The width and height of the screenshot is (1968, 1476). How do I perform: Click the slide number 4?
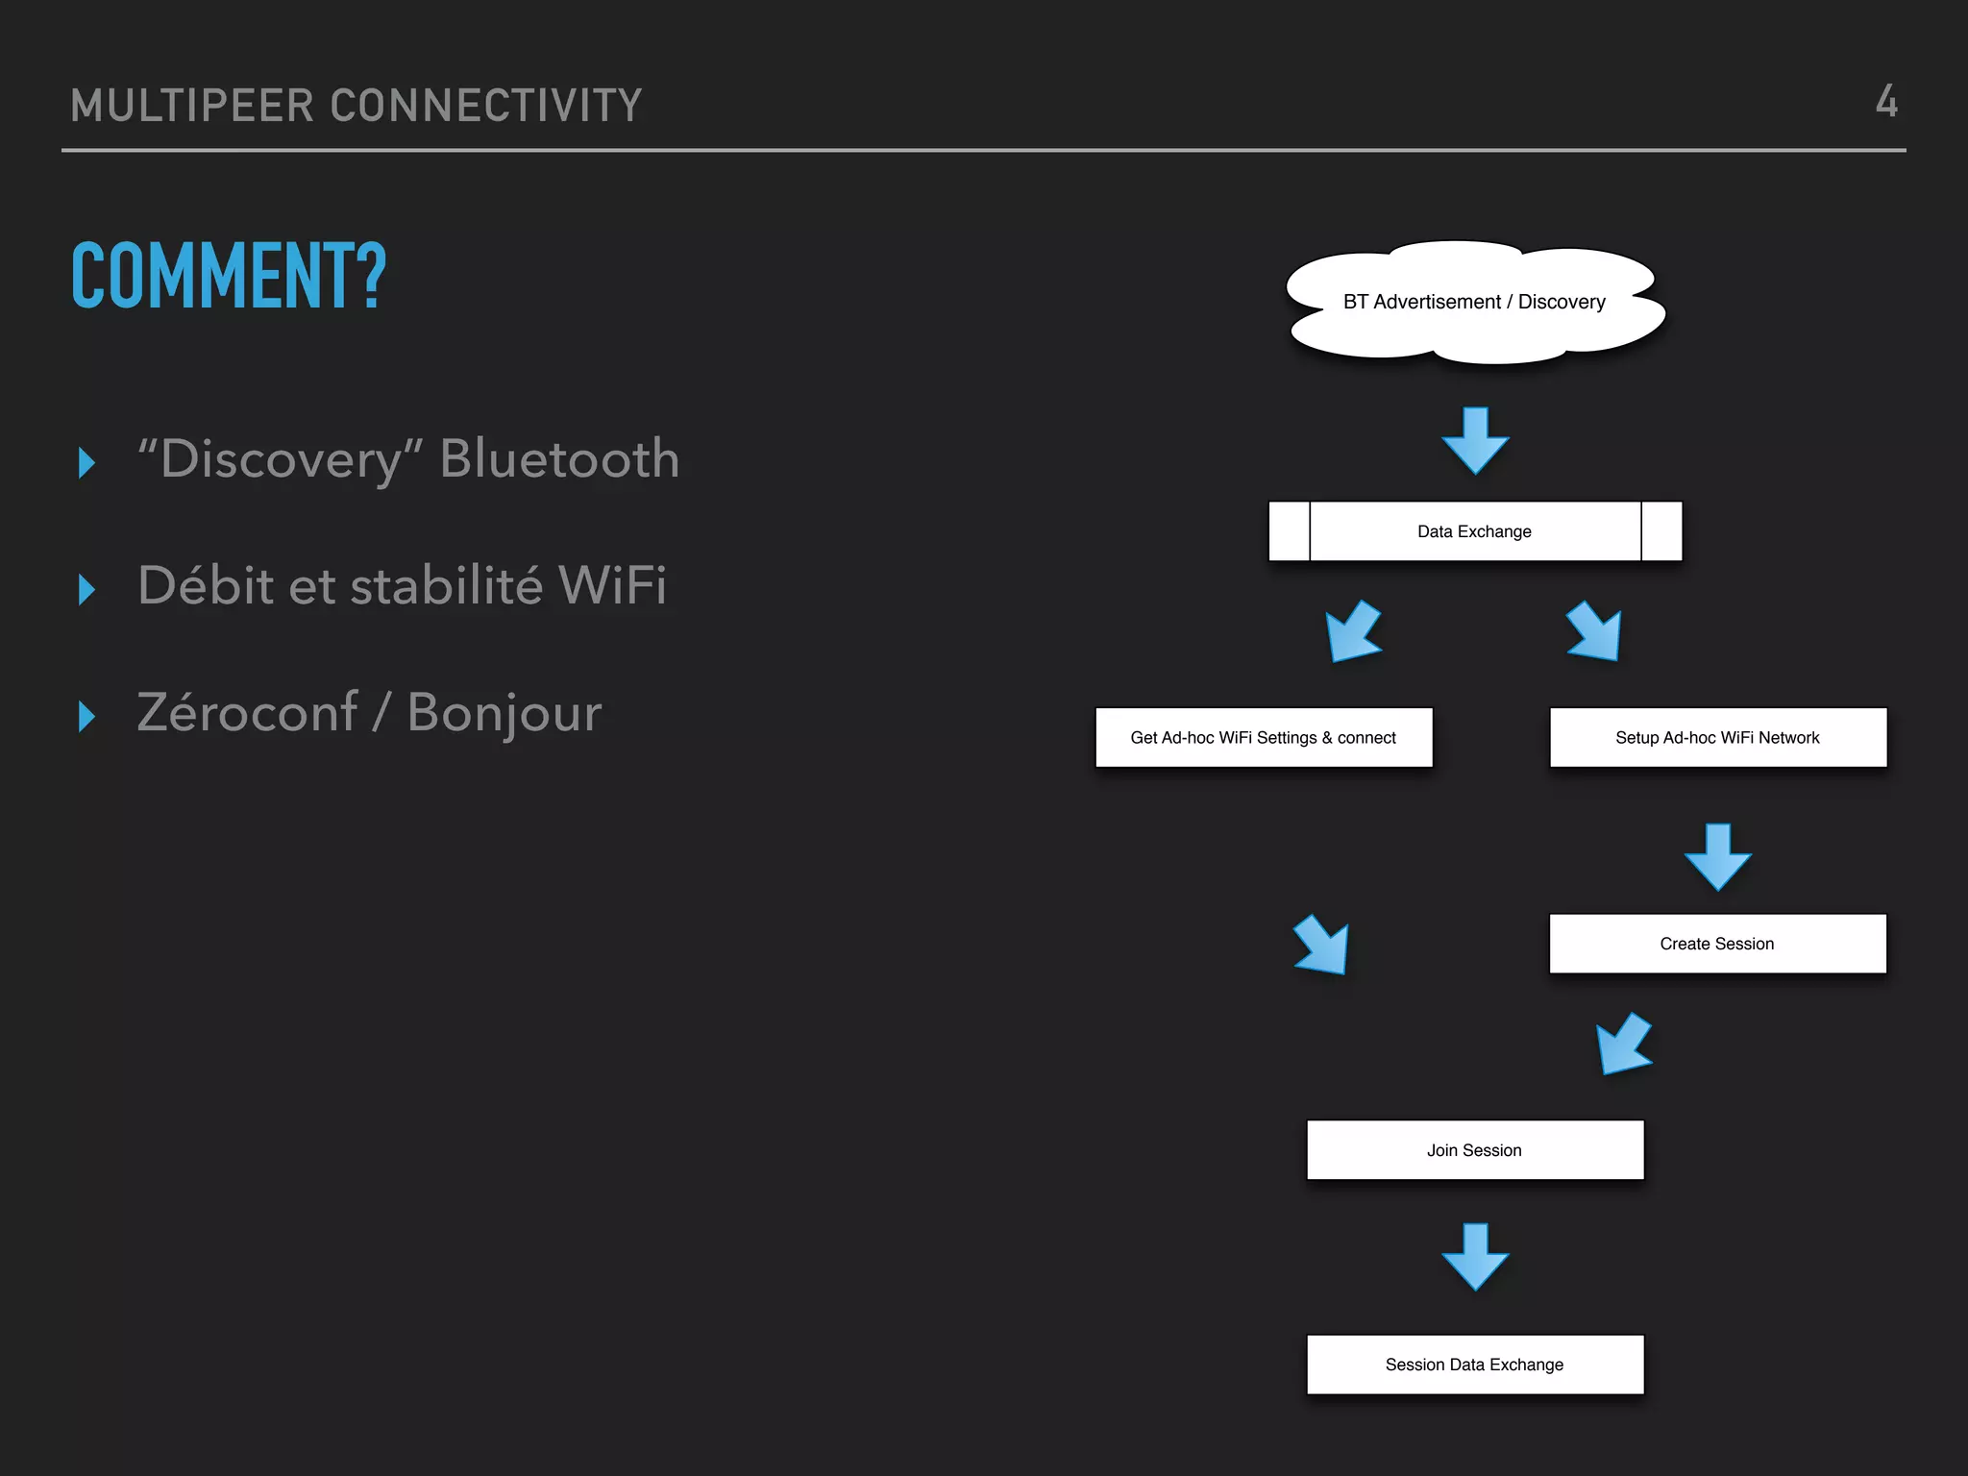coord(1886,101)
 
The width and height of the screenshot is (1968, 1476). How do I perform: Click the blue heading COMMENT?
coord(229,276)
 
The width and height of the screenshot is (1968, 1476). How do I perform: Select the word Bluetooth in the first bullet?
coord(559,458)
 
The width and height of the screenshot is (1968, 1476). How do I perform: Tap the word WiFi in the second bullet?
coord(611,585)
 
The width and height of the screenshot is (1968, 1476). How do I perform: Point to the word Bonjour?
coord(504,713)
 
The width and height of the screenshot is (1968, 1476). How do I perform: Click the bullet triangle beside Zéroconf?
coord(86,716)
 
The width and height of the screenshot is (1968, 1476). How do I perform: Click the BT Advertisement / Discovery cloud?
coord(1474,302)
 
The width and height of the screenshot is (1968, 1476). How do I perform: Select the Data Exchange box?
coord(1474,531)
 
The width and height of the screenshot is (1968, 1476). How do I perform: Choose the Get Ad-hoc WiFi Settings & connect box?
coord(1263,737)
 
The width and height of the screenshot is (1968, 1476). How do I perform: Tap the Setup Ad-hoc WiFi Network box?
coord(1717,737)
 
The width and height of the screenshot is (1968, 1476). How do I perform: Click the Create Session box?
coord(1717,944)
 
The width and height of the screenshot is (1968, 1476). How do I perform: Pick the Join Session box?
coord(1474,1150)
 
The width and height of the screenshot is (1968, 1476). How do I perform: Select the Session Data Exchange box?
coord(1474,1365)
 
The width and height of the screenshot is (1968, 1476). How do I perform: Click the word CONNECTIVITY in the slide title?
coord(486,106)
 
